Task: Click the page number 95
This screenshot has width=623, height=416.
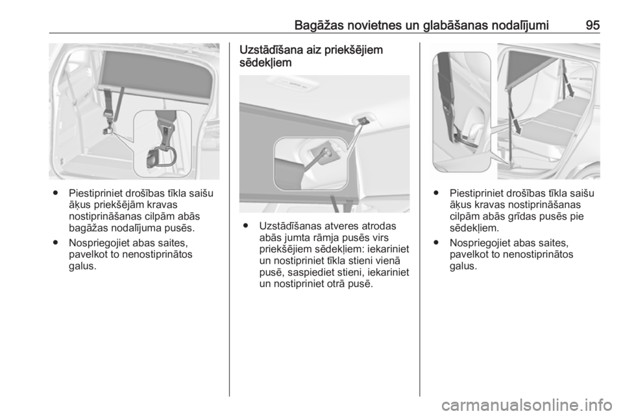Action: coord(592,25)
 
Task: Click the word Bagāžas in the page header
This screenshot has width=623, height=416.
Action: coord(319,26)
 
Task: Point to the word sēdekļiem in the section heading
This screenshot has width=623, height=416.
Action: coord(265,63)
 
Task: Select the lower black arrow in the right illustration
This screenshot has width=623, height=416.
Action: coord(516,122)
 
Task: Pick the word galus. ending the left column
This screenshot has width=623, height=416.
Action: coord(82,266)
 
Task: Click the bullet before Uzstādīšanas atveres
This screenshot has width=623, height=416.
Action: coord(247,226)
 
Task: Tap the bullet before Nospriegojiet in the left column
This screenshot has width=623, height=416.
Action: coord(55,243)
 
